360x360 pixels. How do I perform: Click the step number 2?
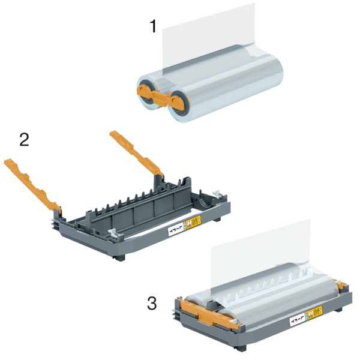coord(24,140)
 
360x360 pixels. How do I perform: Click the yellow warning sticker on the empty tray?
coord(194,223)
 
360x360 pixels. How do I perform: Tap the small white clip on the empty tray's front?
coord(113,230)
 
